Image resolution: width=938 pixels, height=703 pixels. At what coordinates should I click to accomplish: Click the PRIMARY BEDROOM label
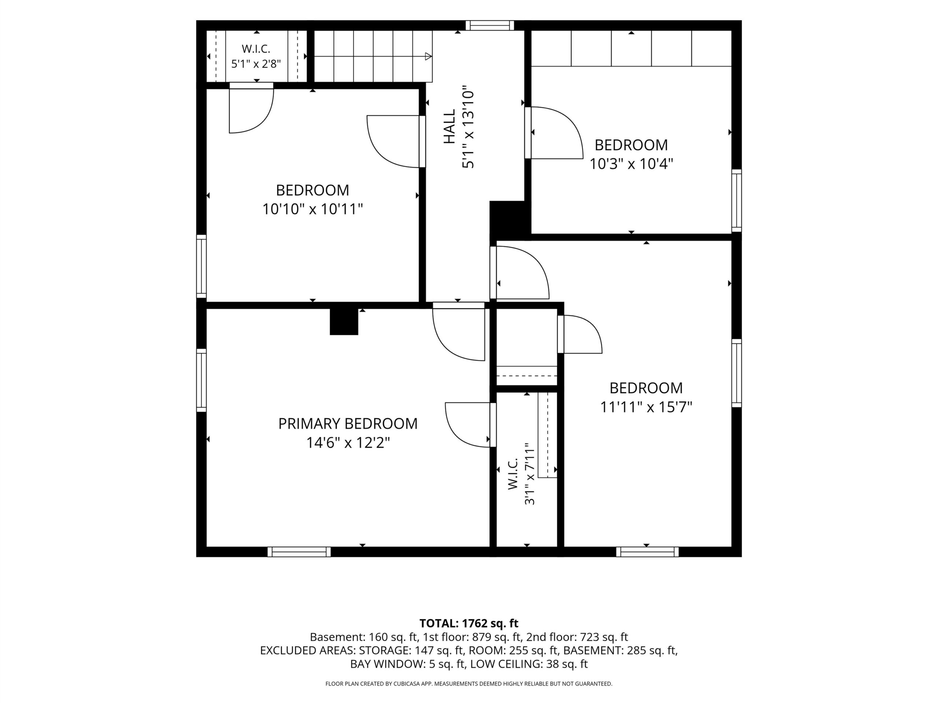[x=348, y=424]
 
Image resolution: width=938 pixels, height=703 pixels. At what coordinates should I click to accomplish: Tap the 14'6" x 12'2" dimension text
[x=348, y=443]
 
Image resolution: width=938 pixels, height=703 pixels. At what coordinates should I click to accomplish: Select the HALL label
[x=449, y=126]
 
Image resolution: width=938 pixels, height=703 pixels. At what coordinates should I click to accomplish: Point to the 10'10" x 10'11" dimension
[x=313, y=209]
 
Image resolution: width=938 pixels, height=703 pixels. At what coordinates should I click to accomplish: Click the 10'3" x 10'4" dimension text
[x=631, y=164]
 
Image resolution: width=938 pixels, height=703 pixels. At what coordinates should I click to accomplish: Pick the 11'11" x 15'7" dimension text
[x=646, y=407]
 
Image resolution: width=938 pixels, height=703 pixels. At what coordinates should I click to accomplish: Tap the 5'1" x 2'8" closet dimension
[x=256, y=64]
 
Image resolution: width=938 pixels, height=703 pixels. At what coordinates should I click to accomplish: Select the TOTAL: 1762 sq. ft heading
[x=469, y=623]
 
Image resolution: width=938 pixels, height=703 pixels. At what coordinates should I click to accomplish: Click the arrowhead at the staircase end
[x=429, y=56]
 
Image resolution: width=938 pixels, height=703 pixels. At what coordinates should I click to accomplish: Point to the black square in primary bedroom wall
[x=344, y=321]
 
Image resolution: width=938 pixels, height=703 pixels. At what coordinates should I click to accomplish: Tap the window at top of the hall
[x=490, y=25]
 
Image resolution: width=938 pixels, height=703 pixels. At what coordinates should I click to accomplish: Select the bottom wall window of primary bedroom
[x=299, y=552]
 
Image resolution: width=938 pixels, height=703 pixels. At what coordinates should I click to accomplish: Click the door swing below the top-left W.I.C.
[x=251, y=111]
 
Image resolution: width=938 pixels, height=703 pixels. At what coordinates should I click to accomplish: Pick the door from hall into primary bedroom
[x=458, y=331]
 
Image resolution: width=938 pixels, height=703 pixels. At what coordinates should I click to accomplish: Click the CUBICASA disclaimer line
[x=469, y=684]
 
